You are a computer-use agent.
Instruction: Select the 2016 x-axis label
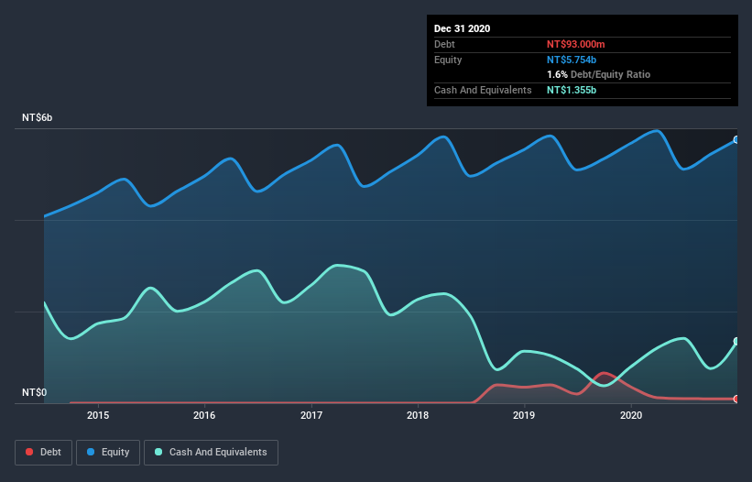pyautogui.click(x=204, y=415)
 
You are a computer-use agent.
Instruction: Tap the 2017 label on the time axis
pyautogui.click(x=311, y=415)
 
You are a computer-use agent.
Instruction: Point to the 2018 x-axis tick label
pyautogui.click(x=418, y=415)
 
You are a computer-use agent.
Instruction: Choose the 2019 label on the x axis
pyautogui.click(x=524, y=415)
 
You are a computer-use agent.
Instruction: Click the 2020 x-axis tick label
pyautogui.click(x=631, y=415)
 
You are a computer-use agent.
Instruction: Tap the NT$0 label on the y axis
pyautogui.click(x=35, y=392)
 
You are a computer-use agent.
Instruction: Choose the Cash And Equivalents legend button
pyautogui.click(x=211, y=452)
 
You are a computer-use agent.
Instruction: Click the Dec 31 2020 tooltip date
pyautogui.click(x=463, y=28)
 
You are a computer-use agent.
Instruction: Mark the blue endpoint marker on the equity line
pyautogui.click(x=736, y=139)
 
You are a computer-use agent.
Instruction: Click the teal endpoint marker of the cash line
pyautogui.click(x=736, y=342)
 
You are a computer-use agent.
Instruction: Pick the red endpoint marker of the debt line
pyautogui.click(x=736, y=399)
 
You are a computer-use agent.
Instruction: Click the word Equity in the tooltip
pyautogui.click(x=448, y=60)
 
